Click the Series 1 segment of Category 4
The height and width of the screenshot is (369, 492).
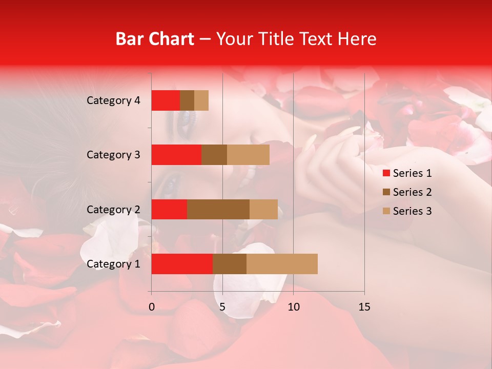[166, 100]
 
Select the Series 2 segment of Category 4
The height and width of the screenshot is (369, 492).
[187, 100]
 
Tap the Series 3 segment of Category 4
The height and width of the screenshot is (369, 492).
[201, 100]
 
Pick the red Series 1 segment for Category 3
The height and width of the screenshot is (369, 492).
[176, 155]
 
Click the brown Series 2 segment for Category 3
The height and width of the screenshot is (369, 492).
[214, 155]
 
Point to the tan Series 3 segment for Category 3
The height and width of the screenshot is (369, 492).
[248, 155]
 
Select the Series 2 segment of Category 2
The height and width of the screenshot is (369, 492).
[218, 209]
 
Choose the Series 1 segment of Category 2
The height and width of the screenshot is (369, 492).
[169, 209]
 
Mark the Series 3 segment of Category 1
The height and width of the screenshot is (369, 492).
[282, 264]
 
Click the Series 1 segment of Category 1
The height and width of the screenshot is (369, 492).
[182, 264]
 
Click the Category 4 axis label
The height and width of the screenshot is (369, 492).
[113, 100]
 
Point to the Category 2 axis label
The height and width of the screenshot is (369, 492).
[113, 210]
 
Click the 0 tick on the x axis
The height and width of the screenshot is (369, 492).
[152, 307]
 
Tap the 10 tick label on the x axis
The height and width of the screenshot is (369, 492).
[293, 307]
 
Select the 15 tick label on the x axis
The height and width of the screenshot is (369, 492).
[364, 307]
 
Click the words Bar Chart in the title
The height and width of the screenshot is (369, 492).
[155, 39]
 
